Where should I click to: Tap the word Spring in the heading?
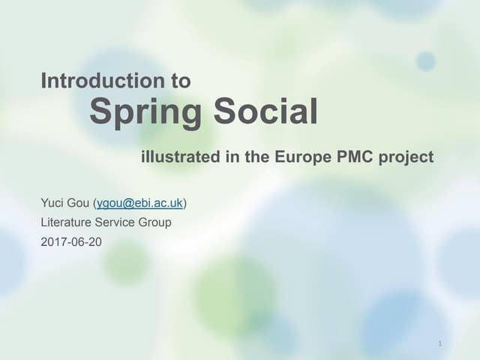tap(145, 113)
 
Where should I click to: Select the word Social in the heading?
tap(265, 112)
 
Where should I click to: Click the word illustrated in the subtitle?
tap(180, 157)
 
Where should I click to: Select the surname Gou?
tap(79, 203)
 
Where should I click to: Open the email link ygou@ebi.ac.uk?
tap(139, 203)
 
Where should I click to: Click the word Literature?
tap(65, 222)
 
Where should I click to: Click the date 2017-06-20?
tap(71, 241)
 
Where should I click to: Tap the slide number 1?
tap(439, 343)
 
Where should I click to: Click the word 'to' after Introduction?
tap(181, 80)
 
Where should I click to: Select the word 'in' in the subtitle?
tap(232, 157)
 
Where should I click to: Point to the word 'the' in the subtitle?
tap(256, 157)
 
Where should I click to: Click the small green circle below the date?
tap(125, 262)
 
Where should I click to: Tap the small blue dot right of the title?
tap(426, 61)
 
